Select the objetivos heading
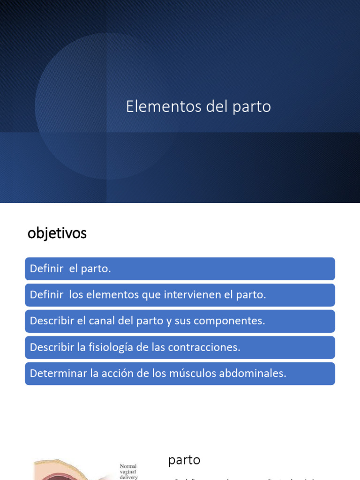coord(57,233)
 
